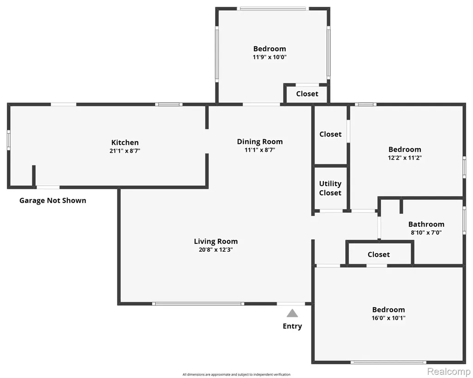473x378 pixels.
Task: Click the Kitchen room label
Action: (x=125, y=143)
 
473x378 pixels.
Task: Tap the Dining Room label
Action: (x=260, y=142)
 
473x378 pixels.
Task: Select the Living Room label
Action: (x=216, y=242)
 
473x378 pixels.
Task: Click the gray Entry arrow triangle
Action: (x=292, y=313)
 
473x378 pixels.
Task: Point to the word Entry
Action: (x=292, y=326)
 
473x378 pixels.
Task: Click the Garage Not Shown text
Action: (x=53, y=201)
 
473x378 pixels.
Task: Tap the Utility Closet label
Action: (x=330, y=188)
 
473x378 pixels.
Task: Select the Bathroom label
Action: (x=426, y=224)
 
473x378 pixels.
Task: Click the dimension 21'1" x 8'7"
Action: (x=125, y=151)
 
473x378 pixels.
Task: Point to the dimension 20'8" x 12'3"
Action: (x=216, y=250)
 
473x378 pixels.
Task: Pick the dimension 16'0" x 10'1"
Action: (x=388, y=318)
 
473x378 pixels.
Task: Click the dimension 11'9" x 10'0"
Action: (x=270, y=57)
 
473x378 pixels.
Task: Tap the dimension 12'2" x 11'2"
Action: (x=405, y=158)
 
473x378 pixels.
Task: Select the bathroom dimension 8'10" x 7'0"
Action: (x=426, y=233)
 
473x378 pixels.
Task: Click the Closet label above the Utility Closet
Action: (x=330, y=134)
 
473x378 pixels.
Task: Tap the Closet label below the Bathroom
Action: (x=379, y=254)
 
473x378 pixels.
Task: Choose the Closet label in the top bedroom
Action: (x=307, y=93)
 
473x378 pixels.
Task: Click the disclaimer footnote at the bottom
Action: (x=236, y=375)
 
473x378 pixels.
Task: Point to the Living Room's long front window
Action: (x=198, y=304)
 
